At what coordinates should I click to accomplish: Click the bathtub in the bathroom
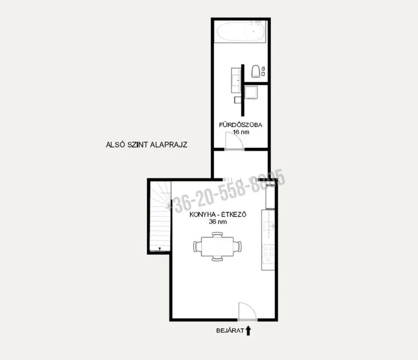point(241,31)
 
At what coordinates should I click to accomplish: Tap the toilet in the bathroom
point(256,71)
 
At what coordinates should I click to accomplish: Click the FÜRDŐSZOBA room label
point(240,125)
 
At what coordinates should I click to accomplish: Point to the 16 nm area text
point(241,132)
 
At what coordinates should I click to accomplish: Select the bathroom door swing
point(234,141)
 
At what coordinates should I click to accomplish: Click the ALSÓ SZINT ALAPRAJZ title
point(147,144)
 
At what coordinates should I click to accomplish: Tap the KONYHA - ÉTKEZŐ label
point(218,215)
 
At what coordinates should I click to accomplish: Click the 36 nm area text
point(218,222)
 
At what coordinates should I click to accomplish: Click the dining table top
point(218,247)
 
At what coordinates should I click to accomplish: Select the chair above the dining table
point(218,235)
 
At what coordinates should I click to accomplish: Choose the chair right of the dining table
point(238,247)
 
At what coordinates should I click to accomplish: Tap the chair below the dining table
point(218,258)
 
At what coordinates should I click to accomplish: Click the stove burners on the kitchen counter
point(268,254)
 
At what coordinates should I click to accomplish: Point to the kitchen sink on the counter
point(269,226)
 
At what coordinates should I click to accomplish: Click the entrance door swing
point(247,311)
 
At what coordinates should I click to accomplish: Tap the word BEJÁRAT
point(230,331)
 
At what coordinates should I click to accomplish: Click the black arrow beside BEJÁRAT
point(248,331)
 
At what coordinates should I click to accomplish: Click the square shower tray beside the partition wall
point(251,93)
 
